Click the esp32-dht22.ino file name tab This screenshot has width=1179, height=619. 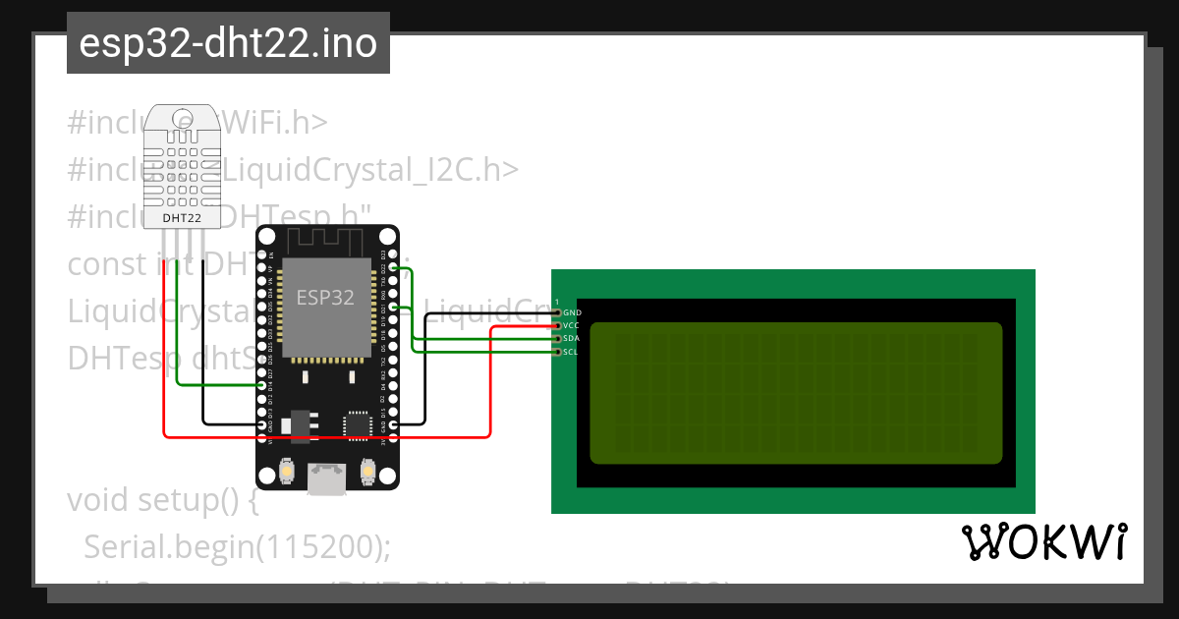228,44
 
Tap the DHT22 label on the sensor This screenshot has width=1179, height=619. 181,217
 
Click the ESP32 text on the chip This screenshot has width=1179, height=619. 326,298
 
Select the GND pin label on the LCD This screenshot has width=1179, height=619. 572,312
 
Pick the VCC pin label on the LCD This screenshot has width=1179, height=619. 572,325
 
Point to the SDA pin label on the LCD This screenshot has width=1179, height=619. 572,338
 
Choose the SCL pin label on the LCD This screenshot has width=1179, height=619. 572,351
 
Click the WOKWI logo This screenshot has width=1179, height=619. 1043,542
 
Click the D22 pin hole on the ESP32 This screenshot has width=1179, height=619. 393,267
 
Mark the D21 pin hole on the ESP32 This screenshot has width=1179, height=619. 393,308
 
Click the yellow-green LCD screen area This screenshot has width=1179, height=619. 796,393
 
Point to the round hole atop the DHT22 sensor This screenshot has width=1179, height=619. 183,120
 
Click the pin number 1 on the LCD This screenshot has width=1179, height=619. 557,302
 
